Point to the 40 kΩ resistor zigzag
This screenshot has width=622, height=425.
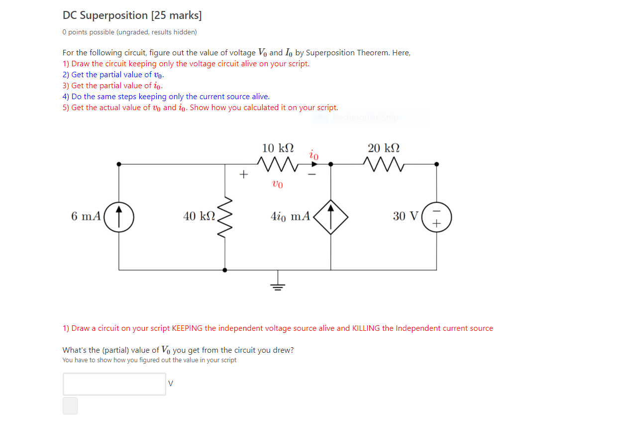point(225,217)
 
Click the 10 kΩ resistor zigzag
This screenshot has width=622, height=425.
point(278,163)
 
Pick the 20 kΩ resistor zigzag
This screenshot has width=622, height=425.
point(384,163)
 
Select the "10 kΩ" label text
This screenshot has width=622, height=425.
point(278,148)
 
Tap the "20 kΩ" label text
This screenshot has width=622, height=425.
point(384,148)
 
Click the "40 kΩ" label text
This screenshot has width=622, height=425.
point(199,216)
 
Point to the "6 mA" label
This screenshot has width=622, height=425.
point(86,216)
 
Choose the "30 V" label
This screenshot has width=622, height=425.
point(406,216)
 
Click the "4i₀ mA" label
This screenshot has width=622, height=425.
point(290,216)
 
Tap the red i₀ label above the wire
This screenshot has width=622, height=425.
point(313,154)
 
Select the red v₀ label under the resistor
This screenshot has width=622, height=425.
point(278,184)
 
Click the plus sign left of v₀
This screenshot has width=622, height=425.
point(243,174)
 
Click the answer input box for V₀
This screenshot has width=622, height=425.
point(114,384)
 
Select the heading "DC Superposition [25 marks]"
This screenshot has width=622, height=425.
point(132,15)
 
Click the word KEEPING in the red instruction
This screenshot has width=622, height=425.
point(187,328)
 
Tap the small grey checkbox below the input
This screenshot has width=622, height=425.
point(70,406)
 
